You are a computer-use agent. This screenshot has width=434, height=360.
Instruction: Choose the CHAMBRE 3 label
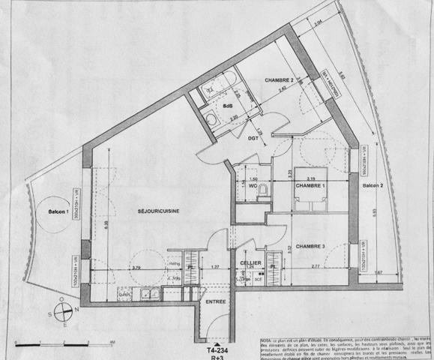[x=310, y=246]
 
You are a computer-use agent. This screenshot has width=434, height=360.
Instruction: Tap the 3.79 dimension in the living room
[x=136, y=268]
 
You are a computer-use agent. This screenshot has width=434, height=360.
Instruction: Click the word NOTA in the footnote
[x=267, y=340]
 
